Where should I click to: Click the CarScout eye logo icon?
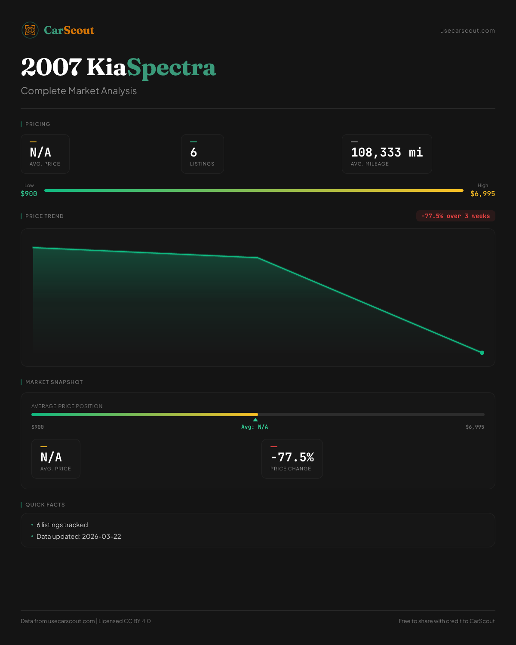click(x=30, y=30)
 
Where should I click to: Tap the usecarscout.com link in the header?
click(x=467, y=31)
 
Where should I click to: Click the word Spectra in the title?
click(x=171, y=68)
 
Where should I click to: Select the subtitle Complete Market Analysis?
click(x=79, y=91)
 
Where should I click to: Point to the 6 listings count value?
click(x=193, y=152)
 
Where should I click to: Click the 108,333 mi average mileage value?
click(x=387, y=152)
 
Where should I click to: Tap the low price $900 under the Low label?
click(x=29, y=194)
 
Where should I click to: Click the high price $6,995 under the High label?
click(x=482, y=194)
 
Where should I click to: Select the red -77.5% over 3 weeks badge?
click(x=455, y=216)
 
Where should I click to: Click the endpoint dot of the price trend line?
click(x=482, y=353)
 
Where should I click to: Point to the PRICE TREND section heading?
click(x=44, y=216)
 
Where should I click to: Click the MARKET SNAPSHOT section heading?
click(x=54, y=382)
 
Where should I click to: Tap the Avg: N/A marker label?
click(x=255, y=427)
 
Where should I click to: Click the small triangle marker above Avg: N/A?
click(x=255, y=420)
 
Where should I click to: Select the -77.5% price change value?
click(x=292, y=457)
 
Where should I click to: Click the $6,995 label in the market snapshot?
click(x=475, y=427)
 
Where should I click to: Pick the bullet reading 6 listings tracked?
click(x=62, y=525)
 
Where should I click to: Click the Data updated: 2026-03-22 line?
click(x=79, y=537)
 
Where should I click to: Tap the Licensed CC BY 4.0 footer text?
click(x=125, y=621)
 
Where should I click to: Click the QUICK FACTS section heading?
click(x=45, y=505)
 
